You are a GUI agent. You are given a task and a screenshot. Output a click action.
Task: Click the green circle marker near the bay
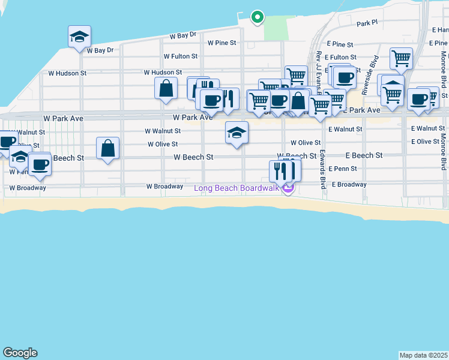pyautogui.click(x=257, y=17)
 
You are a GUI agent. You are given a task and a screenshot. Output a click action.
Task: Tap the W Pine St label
pyautogui.click(x=222, y=43)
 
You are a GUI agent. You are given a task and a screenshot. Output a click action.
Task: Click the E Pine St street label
pyautogui.click(x=340, y=44)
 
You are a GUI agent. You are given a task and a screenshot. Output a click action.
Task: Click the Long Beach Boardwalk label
pyautogui.click(x=237, y=188)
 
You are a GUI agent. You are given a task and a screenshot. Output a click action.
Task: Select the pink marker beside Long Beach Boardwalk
pyautogui.click(x=289, y=189)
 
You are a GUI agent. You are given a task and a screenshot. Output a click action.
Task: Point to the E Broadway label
pyautogui.click(x=349, y=185)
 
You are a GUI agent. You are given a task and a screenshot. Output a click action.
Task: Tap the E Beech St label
pyautogui.click(x=364, y=155)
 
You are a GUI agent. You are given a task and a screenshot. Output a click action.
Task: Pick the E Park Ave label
pyautogui.click(x=362, y=110)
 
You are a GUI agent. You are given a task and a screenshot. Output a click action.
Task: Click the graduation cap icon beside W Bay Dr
pyautogui.click(x=79, y=37)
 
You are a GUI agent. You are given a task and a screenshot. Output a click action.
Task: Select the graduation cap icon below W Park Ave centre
pyautogui.click(x=237, y=133)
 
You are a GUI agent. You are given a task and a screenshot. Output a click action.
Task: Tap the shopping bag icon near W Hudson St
pyautogui.click(x=166, y=88)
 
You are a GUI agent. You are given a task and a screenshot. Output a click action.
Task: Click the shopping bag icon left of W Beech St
pyautogui.click(x=107, y=148)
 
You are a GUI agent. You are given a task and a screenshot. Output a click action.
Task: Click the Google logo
pyautogui.click(x=20, y=353)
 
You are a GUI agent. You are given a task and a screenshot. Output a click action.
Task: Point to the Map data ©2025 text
pyautogui.click(x=424, y=355)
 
